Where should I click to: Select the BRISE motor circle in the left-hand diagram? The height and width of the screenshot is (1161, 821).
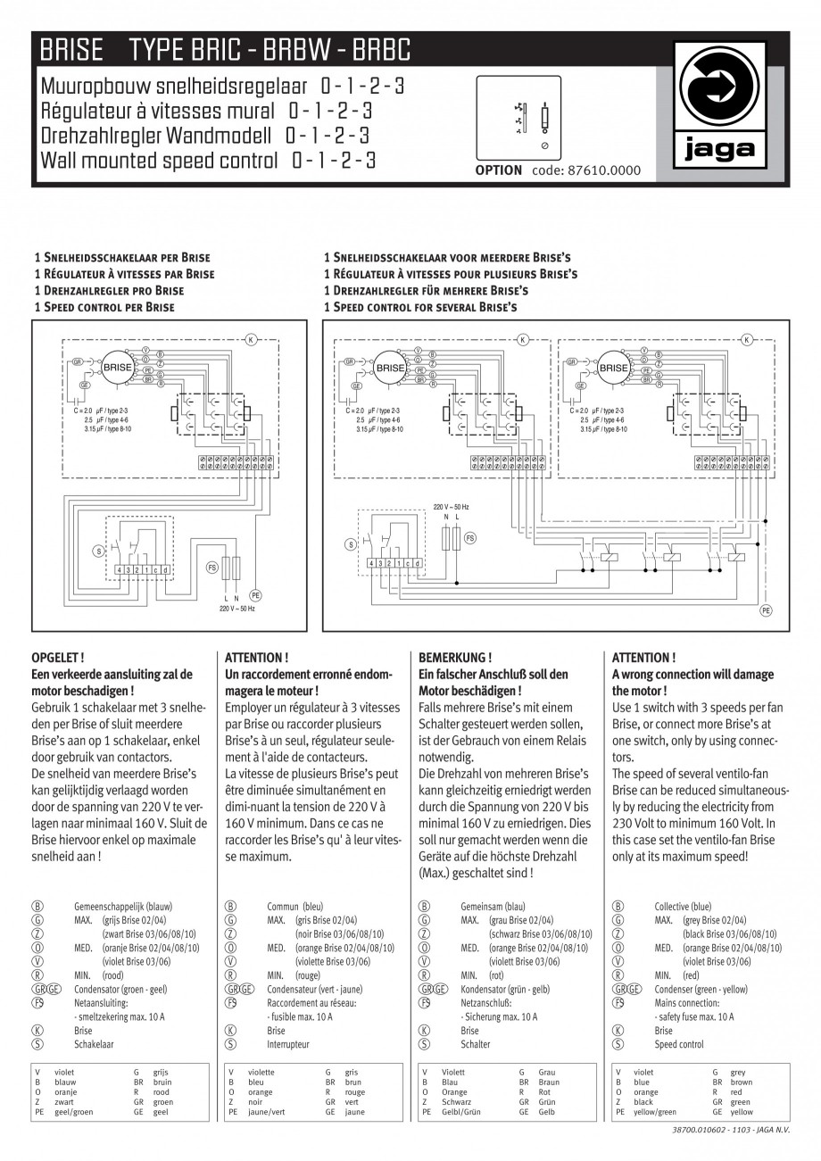(x=117, y=367)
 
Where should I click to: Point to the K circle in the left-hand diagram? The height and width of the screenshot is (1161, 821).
(x=251, y=340)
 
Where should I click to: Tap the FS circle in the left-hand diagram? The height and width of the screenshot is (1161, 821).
(x=212, y=567)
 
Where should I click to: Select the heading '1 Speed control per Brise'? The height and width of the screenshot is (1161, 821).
(x=104, y=307)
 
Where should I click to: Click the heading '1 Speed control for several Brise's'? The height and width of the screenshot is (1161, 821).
(x=420, y=307)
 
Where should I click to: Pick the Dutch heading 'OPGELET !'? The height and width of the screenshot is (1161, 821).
(x=58, y=658)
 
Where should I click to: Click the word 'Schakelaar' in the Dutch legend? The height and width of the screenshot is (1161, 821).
(x=94, y=1043)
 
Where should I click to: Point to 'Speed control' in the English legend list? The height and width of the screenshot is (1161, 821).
(x=679, y=1043)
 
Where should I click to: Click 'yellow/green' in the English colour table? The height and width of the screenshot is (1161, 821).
(x=654, y=1113)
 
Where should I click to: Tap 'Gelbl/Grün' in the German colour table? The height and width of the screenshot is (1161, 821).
(x=461, y=1113)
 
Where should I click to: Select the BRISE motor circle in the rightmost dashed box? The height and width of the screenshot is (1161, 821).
(x=613, y=368)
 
